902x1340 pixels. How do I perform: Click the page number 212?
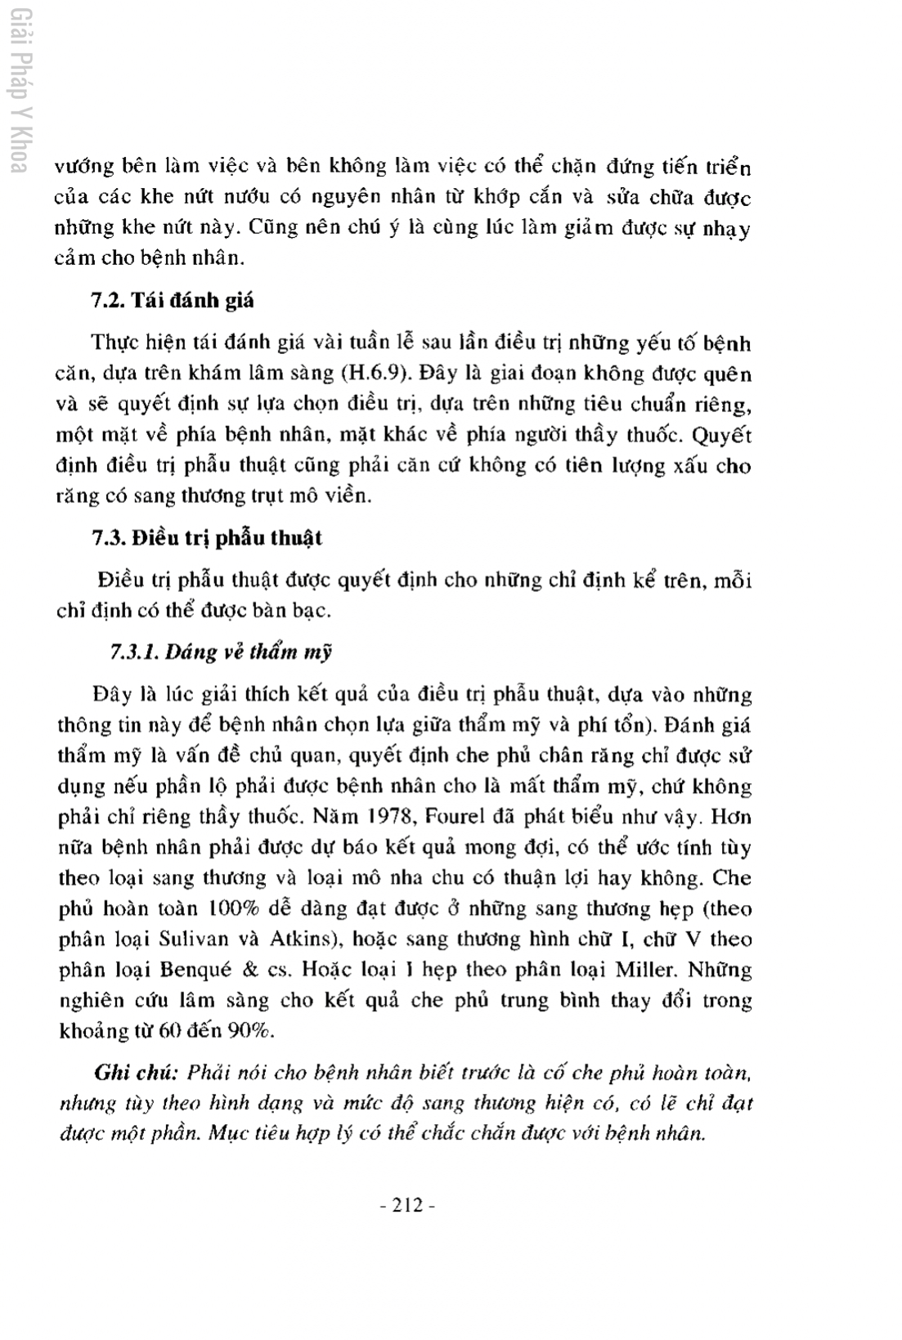(406, 1204)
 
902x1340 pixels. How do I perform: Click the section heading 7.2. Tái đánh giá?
(173, 300)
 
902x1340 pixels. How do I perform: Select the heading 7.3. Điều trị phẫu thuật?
(206, 538)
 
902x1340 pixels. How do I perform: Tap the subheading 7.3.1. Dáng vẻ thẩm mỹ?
(221, 652)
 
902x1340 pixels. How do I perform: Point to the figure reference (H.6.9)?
(373, 374)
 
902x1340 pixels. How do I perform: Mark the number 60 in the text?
(169, 1030)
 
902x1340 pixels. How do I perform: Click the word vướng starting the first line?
(83, 168)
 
